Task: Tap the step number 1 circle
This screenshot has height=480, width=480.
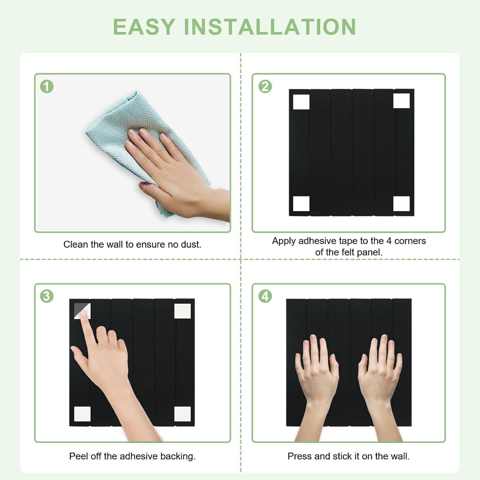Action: pos(47,86)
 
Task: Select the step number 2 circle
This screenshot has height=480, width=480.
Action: pos(265,86)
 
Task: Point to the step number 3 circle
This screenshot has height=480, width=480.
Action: pos(47,296)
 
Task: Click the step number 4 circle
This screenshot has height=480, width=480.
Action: pos(265,296)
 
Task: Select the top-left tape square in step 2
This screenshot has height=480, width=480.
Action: pos(301,102)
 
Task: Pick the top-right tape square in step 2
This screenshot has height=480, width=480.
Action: pos(401,101)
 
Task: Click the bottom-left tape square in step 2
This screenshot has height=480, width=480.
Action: pos(301,204)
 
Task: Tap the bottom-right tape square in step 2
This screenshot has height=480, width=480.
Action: pos(401,204)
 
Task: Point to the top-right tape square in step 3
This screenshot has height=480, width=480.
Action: pos(182,311)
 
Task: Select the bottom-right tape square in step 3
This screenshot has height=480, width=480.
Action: pos(182,414)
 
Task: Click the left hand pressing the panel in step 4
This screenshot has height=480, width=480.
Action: pos(317,381)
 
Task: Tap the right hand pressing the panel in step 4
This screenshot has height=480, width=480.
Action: pos(381,381)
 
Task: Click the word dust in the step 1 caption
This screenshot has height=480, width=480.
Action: pos(191,244)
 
